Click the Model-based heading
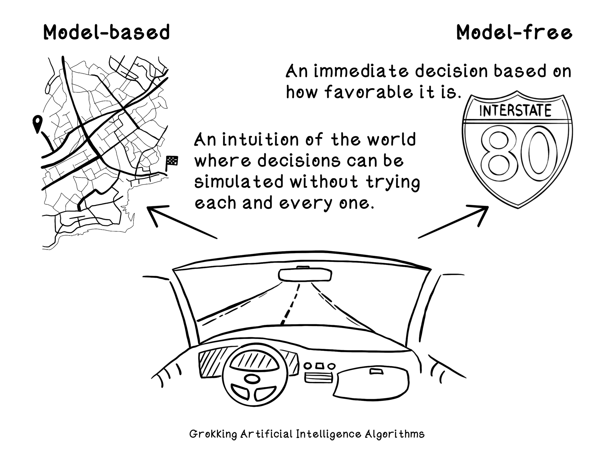tap(107, 32)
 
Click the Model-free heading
tap(514, 32)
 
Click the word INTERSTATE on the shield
tap(515, 111)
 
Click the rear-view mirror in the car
tap(305, 274)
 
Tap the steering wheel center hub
tap(252, 379)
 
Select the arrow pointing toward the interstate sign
tap(453, 221)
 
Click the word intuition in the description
tap(260, 140)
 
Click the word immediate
tap(361, 71)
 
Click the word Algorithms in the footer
tap(394, 434)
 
